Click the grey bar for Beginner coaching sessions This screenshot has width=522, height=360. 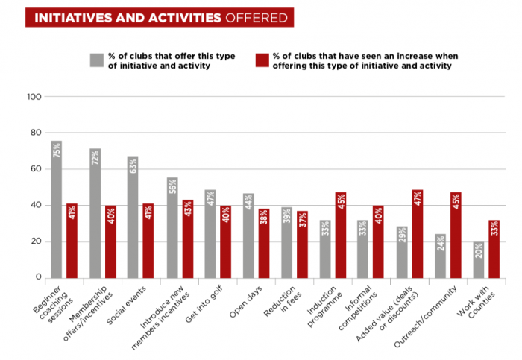pyautogui.click(x=56, y=209)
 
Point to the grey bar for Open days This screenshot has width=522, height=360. pyautogui.click(x=249, y=236)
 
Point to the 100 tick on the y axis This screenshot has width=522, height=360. pyautogui.click(x=34, y=96)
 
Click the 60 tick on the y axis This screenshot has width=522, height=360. pyautogui.click(x=35, y=169)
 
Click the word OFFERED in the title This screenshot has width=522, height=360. pyautogui.click(x=255, y=17)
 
